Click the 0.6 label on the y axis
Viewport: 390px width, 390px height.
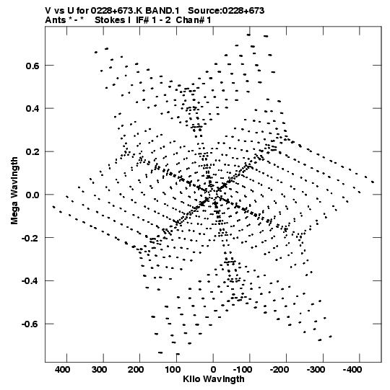(33, 66)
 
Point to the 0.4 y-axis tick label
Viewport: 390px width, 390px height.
(33, 109)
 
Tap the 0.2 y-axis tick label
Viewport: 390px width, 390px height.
(33, 151)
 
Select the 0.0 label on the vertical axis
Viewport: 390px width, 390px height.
(33, 195)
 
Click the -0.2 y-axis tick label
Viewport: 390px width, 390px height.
(31, 238)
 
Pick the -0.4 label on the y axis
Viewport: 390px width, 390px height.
(31, 281)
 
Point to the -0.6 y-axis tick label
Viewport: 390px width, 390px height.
(31, 324)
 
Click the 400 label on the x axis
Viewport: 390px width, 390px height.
(63, 370)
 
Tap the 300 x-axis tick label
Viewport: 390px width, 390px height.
(99, 370)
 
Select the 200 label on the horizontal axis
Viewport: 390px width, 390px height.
(136, 370)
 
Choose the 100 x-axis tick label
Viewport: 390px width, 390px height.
(173, 370)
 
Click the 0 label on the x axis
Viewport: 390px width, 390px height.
(213, 370)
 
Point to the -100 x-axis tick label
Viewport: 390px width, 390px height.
(243, 370)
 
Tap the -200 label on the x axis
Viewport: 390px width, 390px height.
(279, 370)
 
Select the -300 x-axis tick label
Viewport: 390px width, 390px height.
(316, 370)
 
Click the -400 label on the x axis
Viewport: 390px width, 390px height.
(352, 370)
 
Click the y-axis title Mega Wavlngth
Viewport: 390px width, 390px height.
(14, 191)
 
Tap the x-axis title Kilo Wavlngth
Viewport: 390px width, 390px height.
(214, 379)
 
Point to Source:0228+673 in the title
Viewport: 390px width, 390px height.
(226, 11)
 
